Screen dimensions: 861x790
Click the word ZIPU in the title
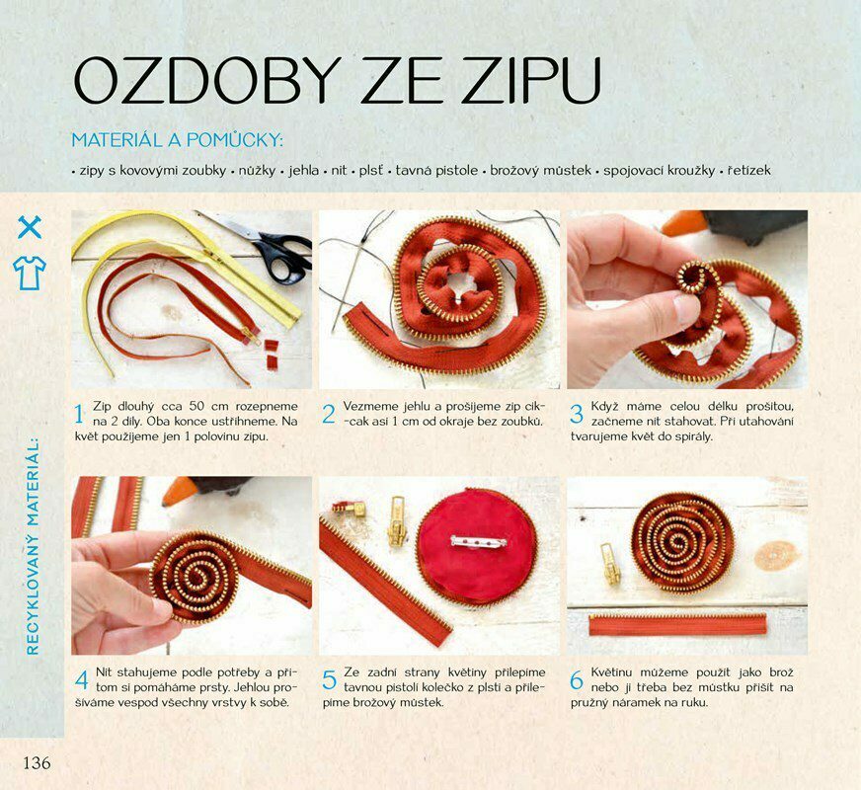pos(531,80)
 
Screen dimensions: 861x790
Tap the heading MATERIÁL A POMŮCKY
pos(178,139)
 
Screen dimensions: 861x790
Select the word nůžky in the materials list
pos(257,170)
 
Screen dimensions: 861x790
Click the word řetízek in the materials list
pos(749,170)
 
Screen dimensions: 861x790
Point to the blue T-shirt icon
pos(30,273)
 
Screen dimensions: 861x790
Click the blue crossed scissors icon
pos(30,227)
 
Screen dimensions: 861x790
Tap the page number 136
pos(37,762)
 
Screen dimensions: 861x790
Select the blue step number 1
pos(79,414)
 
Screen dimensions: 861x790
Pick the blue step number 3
pos(576,414)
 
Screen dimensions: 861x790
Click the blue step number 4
pos(81,680)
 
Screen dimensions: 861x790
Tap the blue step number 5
pos(329,680)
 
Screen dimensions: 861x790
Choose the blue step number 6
pos(576,680)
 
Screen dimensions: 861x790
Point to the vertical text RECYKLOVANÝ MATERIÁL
pos(33,546)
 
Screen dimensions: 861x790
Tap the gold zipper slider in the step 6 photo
pos(610,563)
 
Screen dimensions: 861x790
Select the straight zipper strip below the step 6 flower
pos(677,625)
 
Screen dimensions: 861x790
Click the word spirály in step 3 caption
pos(693,437)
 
